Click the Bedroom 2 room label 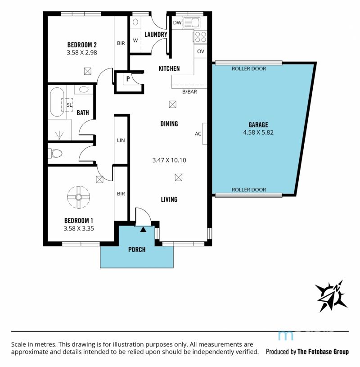82,45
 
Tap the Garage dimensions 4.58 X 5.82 258,132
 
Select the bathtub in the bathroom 57,102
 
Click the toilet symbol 55,153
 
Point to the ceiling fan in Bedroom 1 79,197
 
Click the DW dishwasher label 177,23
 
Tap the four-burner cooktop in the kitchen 200,37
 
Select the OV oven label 201,51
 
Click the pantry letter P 128,79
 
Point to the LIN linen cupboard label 121,140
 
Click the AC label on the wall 198,134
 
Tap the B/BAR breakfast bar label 190,92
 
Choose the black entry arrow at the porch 144,229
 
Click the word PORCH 137,249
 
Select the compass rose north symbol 331,296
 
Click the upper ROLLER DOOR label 249,68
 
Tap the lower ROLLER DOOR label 249,190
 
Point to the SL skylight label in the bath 69,105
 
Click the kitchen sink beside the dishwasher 192,23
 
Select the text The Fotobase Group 323,352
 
